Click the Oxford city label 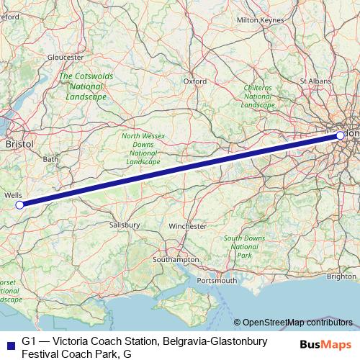tap(194, 81)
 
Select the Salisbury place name tap(125, 225)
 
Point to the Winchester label tap(187, 226)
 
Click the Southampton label tap(176, 259)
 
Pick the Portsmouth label tap(215, 279)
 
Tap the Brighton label tap(341, 276)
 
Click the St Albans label tap(314, 81)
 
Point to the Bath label tap(50, 158)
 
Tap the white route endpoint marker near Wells tap(19, 204)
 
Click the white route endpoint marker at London tap(340, 135)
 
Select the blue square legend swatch tap(8, 344)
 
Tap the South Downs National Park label tap(244, 246)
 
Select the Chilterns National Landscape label tap(258, 96)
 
